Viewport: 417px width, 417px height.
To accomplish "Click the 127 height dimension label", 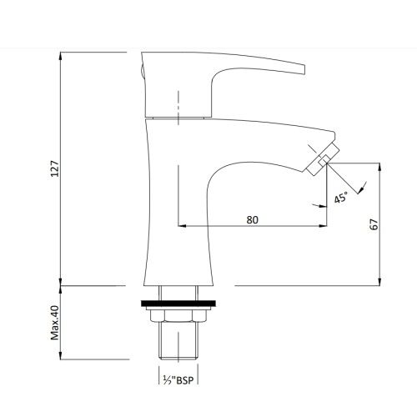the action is [x=55, y=168].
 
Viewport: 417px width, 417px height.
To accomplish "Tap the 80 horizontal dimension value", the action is [x=252, y=220].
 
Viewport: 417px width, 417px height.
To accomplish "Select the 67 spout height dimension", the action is [x=374, y=224].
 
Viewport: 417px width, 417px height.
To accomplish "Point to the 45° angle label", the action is [x=341, y=197].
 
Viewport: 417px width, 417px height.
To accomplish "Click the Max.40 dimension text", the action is [x=55, y=323].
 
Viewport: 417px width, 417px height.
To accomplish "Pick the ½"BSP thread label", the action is [x=178, y=380].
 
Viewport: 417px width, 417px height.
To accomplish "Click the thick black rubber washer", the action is [x=178, y=304].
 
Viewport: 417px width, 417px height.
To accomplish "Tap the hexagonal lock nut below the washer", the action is [x=178, y=316].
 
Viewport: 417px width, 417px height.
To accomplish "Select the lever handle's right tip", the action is [x=304, y=69].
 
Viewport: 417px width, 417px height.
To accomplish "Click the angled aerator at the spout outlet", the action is [x=323, y=159].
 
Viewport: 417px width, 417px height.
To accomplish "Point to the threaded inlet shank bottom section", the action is [x=178, y=341].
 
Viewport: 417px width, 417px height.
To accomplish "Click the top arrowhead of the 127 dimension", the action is [x=61, y=57].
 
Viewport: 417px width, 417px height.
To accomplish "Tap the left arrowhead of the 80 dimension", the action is [x=182, y=226].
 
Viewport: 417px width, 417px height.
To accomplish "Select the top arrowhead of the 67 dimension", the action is [x=379, y=168].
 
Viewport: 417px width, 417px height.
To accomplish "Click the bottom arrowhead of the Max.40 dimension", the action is [x=61, y=355].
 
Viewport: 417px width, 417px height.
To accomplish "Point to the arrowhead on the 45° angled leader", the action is [x=361, y=189].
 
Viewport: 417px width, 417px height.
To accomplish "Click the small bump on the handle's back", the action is [x=142, y=71].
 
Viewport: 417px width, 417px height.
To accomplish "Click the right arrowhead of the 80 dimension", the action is [x=323, y=226].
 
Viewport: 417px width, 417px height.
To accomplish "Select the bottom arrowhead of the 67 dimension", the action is [x=379, y=281].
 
